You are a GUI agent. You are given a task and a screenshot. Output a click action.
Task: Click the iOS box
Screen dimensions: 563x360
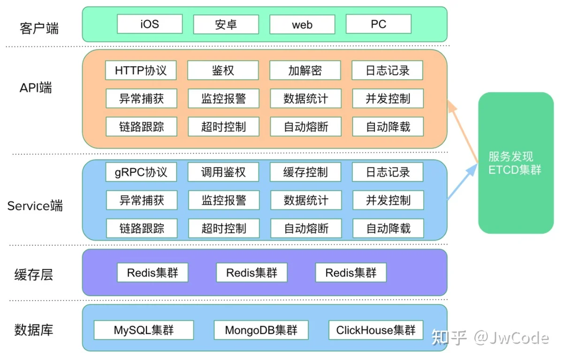click(150, 24)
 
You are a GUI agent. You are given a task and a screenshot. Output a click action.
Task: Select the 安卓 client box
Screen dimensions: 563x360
click(226, 24)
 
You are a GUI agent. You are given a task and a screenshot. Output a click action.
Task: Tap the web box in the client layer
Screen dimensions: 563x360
click(302, 24)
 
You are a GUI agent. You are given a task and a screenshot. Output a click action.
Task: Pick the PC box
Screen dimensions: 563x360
click(379, 24)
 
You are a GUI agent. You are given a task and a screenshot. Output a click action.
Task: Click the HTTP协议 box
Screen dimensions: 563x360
click(141, 70)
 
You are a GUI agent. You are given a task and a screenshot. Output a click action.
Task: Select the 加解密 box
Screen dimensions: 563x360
click(305, 70)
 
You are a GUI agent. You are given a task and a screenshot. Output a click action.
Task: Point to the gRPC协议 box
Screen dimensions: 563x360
click(141, 172)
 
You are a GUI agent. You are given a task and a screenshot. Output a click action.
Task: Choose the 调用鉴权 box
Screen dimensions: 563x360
click(223, 172)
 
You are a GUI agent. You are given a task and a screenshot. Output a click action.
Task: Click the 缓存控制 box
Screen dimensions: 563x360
click(305, 172)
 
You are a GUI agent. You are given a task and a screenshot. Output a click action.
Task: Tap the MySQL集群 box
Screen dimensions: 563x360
click(144, 330)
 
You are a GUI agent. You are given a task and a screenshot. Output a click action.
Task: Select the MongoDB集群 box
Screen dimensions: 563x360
click(261, 330)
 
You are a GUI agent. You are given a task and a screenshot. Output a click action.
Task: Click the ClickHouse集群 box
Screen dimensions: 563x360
click(376, 330)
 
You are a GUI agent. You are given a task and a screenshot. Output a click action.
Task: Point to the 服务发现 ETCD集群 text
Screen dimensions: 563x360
click(515, 163)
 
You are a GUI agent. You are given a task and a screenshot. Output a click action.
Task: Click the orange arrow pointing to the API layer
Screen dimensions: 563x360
click(463, 131)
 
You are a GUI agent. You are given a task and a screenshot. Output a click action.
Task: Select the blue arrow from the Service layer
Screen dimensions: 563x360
click(462, 182)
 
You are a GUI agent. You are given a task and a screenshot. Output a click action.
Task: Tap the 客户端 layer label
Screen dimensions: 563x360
click(39, 28)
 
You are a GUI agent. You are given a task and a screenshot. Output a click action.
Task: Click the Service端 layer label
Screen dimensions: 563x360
click(35, 206)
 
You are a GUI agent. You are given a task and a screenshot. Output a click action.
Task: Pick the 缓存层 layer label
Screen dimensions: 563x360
click(34, 274)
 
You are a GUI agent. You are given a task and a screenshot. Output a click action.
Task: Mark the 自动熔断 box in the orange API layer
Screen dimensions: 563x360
click(306, 126)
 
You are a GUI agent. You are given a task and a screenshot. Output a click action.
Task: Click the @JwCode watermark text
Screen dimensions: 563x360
click(511, 337)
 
